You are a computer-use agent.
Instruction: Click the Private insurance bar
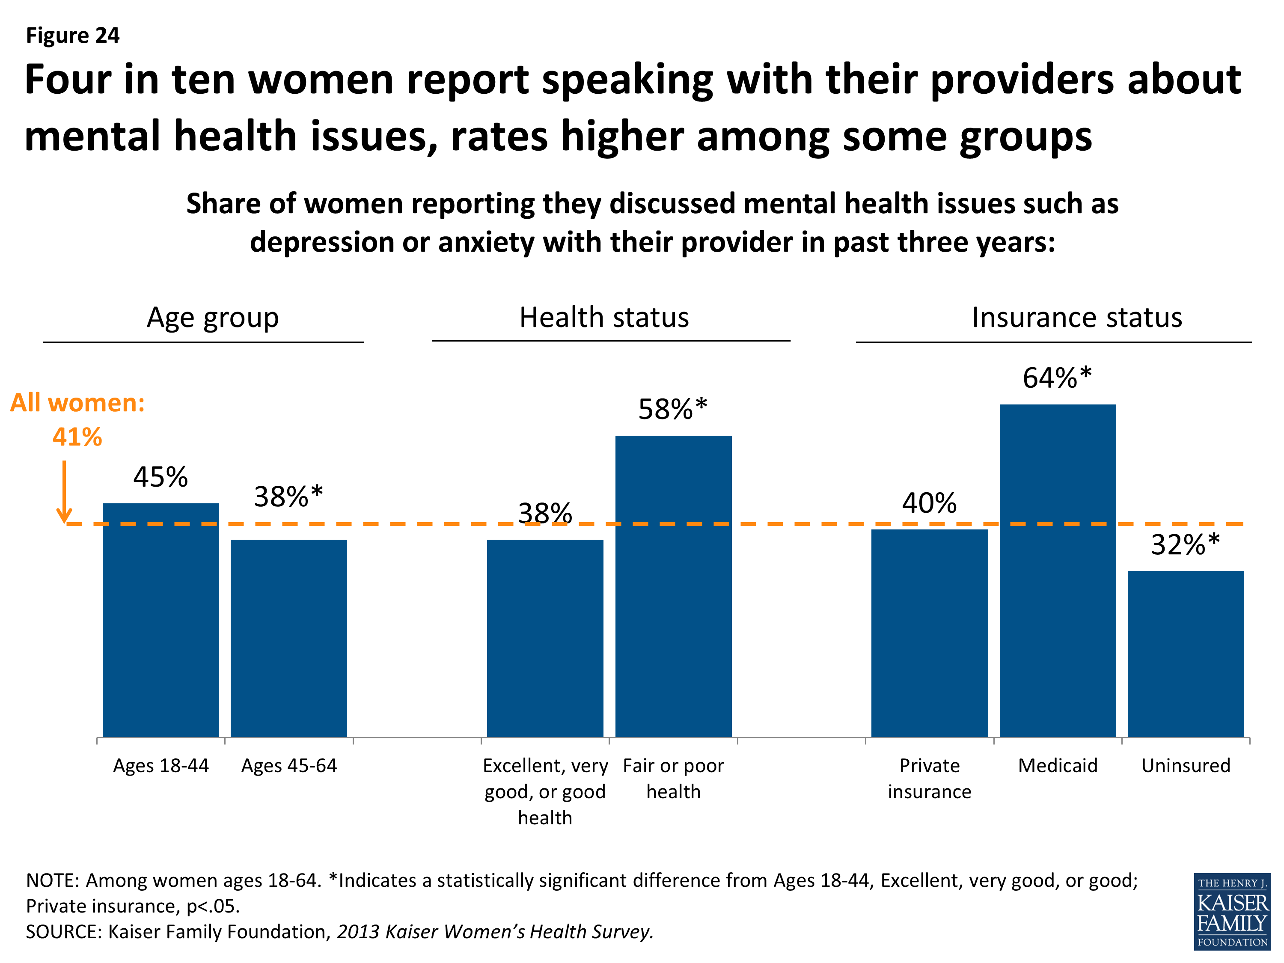[929, 633]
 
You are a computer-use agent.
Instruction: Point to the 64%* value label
[1056, 378]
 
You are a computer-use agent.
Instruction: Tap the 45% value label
[160, 477]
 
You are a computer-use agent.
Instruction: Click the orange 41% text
[77, 437]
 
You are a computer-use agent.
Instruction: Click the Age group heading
[212, 318]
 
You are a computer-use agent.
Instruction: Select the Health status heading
[603, 318]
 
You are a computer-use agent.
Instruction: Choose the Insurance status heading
[1077, 318]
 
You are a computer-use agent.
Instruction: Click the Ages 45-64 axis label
[288, 766]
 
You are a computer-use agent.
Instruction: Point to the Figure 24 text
[73, 36]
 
